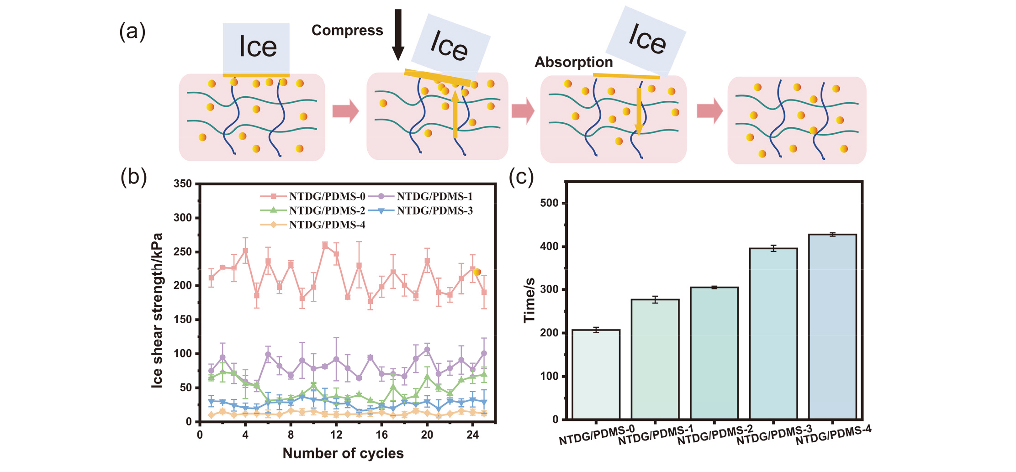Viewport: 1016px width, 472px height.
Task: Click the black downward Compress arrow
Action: click(x=398, y=35)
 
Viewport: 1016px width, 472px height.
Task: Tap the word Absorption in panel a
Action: click(x=573, y=62)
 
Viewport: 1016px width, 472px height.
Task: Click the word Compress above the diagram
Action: click(x=347, y=31)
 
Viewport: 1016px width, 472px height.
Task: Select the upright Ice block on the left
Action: click(x=256, y=48)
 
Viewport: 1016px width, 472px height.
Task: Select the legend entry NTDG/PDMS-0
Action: click(x=327, y=197)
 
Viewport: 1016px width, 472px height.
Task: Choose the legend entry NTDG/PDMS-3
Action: click(x=434, y=211)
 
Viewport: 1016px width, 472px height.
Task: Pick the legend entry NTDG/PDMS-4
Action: click(x=327, y=225)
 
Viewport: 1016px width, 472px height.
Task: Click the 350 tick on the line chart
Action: click(x=183, y=184)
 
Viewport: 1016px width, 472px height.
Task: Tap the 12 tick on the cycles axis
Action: click(x=336, y=435)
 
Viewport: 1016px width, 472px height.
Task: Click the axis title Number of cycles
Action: click(x=343, y=453)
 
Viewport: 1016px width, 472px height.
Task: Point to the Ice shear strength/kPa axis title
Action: click(x=157, y=310)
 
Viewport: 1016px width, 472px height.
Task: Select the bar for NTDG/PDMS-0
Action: click(x=596, y=374)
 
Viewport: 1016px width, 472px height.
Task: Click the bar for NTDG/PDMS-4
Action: click(x=832, y=326)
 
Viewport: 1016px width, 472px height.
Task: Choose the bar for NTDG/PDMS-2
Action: click(x=714, y=353)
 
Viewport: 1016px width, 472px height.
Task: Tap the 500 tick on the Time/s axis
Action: click(x=549, y=204)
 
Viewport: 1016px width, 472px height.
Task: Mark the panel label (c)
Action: click(x=521, y=177)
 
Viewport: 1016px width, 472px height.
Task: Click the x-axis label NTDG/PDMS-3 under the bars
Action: click(x=774, y=435)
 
